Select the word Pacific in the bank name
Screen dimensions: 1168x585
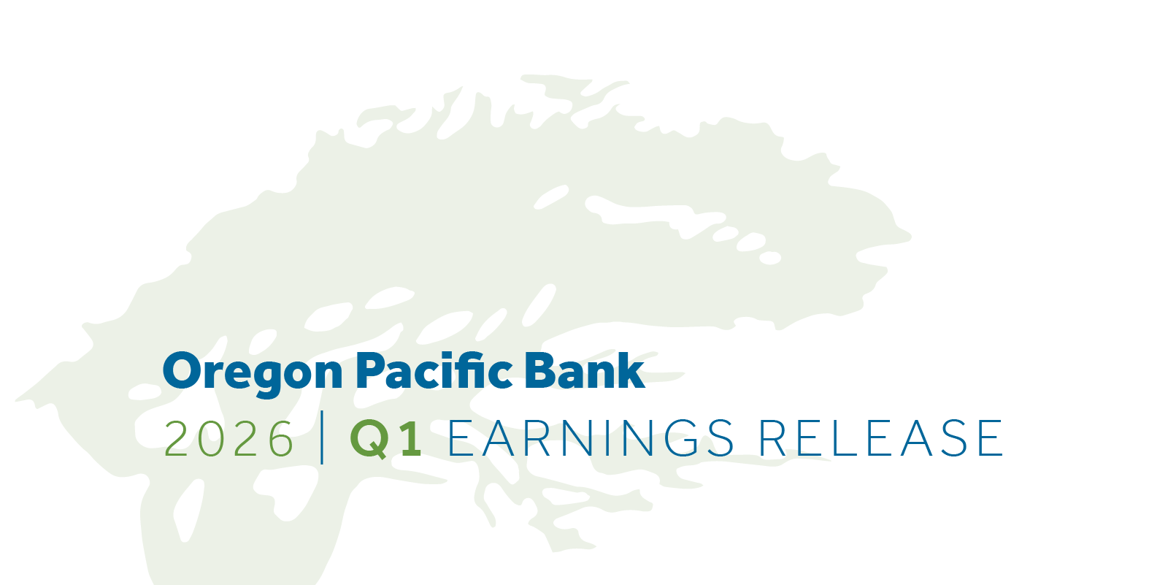tap(434, 370)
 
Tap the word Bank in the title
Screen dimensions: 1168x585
tap(585, 370)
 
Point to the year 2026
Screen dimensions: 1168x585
tap(229, 438)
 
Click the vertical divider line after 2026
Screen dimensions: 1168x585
tap(322, 437)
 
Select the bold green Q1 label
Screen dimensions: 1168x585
tap(385, 440)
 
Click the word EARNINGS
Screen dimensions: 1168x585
tap(591, 438)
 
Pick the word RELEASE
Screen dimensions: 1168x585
tap(880, 438)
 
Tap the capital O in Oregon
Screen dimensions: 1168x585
tap(182, 371)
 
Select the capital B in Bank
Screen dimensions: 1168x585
tap(541, 371)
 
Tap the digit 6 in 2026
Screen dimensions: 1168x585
tap(281, 438)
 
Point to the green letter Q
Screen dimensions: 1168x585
tap(368, 440)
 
